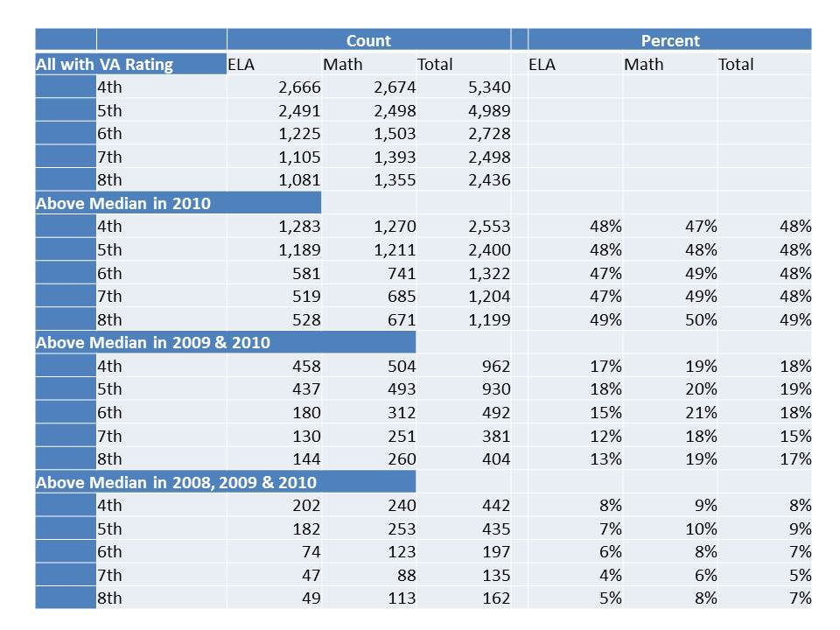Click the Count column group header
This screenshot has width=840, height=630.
click(x=368, y=40)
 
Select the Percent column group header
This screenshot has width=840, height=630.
click(x=670, y=40)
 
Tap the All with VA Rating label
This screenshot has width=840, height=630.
click(x=104, y=64)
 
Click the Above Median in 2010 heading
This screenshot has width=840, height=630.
click(x=122, y=203)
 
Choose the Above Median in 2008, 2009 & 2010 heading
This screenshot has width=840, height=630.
click(x=176, y=482)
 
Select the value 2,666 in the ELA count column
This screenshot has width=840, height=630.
click(x=297, y=87)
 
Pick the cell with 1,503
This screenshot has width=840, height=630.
click(x=393, y=133)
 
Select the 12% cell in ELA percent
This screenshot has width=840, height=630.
click(x=606, y=435)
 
